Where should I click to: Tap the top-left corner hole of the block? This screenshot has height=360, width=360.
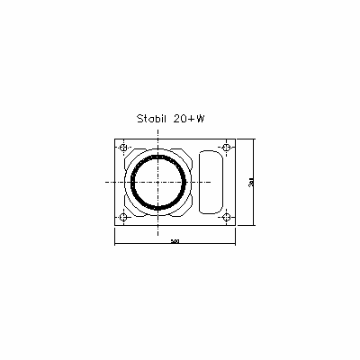[x=123, y=148]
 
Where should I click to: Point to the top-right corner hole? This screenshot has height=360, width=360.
[x=226, y=148]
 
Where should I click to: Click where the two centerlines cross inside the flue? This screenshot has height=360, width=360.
[x=159, y=182]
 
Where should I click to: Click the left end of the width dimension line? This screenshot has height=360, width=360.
[x=113, y=240]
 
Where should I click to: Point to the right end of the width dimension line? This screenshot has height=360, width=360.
[x=235, y=240]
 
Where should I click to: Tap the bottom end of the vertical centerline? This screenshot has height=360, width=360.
[x=159, y=233]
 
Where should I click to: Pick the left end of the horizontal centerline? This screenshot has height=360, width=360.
[x=104, y=182]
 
